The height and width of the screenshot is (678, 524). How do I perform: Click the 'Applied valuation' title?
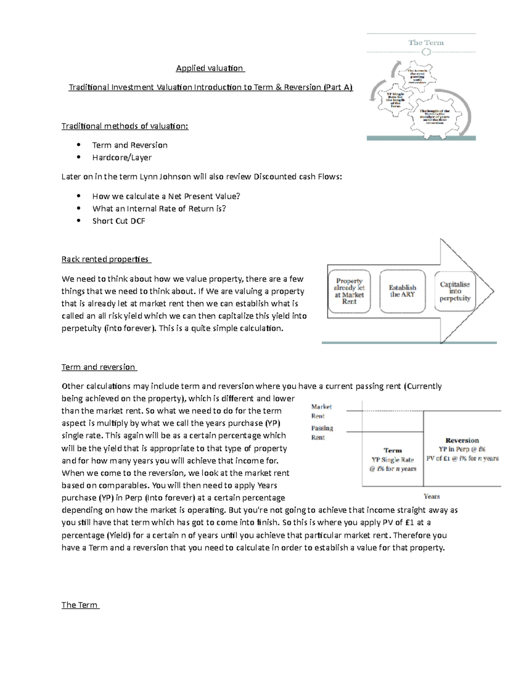[210, 68]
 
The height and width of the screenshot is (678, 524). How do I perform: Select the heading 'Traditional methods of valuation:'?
[125, 126]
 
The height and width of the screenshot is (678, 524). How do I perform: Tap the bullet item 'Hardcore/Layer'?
[122, 158]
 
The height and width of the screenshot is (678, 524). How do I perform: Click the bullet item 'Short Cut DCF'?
[119, 221]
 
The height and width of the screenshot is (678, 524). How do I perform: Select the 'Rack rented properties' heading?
[106, 259]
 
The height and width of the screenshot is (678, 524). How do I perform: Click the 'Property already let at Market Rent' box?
[349, 291]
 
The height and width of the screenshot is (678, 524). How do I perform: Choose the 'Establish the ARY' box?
[402, 291]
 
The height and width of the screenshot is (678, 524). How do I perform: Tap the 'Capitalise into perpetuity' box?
[455, 291]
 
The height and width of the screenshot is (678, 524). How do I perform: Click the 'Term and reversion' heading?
[99, 367]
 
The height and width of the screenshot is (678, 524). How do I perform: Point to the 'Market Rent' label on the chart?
[321, 411]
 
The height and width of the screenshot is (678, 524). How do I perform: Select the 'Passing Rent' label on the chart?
[322, 433]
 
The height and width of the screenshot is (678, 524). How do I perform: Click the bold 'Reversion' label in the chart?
[462, 441]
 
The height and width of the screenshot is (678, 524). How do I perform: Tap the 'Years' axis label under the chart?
[431, 496]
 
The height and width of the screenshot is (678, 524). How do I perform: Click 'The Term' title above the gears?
[426, 43]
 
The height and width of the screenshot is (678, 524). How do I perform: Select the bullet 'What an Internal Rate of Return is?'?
[159, 209]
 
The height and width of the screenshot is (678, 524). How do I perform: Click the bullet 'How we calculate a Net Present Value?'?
[166, 196]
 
